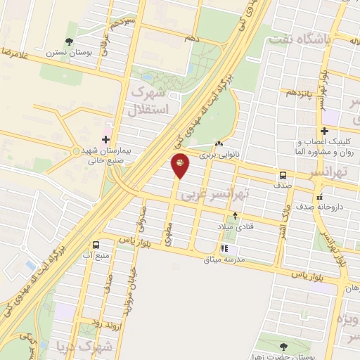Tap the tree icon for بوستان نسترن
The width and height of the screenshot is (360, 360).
click(68, 42)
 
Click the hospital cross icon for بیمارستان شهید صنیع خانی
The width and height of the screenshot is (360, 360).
click(106, 139)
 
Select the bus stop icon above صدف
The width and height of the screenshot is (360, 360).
click(283, 175)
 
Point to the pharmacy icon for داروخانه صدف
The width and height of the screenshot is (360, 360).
click(320, 197)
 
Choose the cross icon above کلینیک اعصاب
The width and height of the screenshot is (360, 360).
click(324, 131)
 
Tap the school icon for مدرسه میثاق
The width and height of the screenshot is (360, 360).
click(224, 248)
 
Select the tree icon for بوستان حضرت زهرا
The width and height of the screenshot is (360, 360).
click(283, 346)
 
